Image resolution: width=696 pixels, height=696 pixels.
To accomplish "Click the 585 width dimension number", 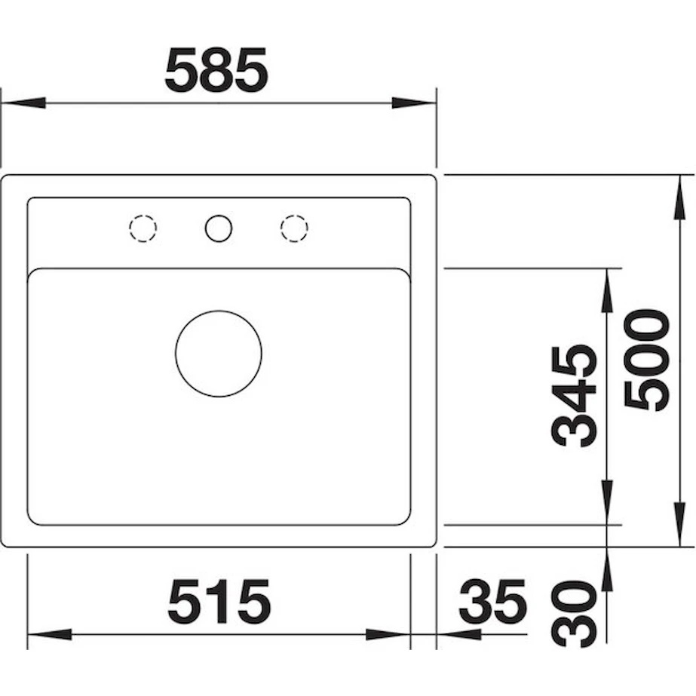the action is point(216,69).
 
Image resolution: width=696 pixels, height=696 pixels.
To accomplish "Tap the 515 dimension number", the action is point(219,602).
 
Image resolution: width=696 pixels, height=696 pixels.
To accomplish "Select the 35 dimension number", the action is point(492,602).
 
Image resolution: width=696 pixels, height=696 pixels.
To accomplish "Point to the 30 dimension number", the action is point(573,615).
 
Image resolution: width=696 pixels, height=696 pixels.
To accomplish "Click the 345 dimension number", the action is point(573,395).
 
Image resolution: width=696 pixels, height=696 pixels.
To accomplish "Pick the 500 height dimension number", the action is point(646,360).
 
